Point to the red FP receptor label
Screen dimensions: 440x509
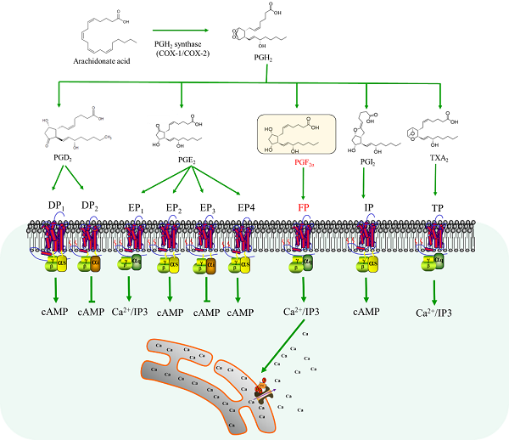tap(302, 207)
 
